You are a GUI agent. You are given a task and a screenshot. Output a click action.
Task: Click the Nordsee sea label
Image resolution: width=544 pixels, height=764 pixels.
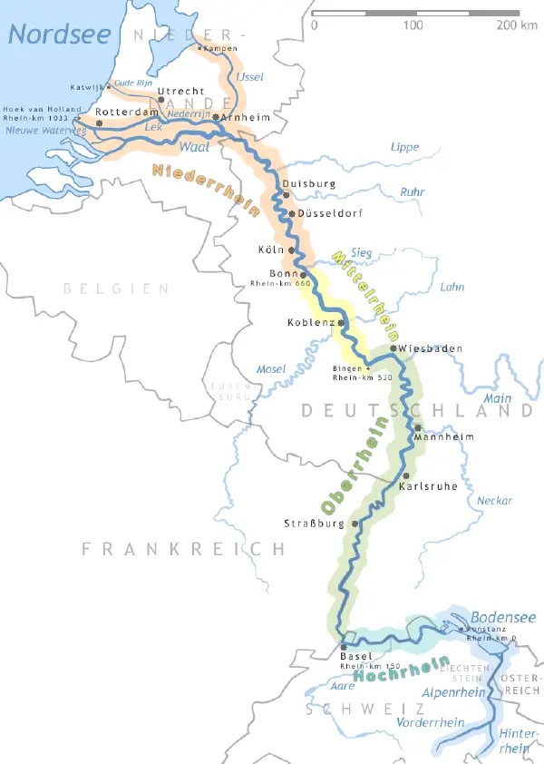[x=60, y=35]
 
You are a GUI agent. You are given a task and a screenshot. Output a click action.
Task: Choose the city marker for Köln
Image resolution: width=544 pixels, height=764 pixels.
[x=292, y=250]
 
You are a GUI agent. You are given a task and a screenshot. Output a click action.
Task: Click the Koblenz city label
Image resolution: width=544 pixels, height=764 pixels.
[x=311, y=323]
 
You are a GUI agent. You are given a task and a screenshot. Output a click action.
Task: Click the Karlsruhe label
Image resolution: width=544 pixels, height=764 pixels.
[x=429, y=486]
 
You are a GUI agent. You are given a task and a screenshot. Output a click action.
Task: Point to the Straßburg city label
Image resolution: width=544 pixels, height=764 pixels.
[x=317, y=524]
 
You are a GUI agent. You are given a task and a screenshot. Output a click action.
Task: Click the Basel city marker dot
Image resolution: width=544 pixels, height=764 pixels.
[x=344, y=647]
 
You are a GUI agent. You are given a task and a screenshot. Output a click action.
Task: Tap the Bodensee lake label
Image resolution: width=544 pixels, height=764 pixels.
[x=502, y=617]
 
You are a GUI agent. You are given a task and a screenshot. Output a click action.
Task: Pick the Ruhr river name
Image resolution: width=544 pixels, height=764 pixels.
[x=413, y=191]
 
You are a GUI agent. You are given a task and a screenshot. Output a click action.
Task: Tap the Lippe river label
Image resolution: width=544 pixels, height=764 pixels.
[x=404, y=147]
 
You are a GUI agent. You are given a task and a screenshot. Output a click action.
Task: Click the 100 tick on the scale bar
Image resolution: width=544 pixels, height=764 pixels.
[x=413, y=24]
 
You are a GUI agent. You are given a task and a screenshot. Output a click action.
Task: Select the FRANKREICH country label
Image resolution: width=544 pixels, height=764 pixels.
[x=182, y=549]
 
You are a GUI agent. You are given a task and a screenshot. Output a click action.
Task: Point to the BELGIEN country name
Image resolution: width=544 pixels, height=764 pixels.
[x=115, y=289]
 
